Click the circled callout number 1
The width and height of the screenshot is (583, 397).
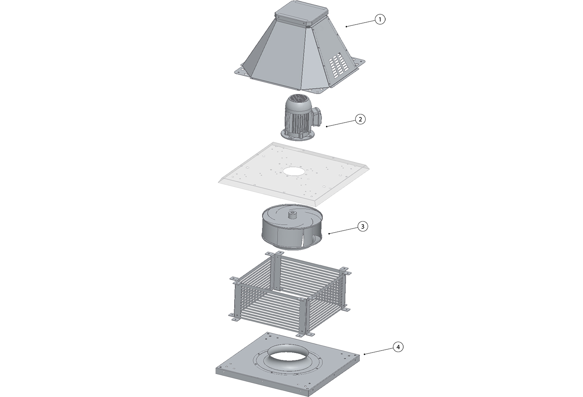point(380,19)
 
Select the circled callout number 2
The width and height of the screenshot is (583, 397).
point(360,119)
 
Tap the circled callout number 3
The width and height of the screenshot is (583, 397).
point(363,226)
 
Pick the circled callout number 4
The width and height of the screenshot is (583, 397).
point(398,347)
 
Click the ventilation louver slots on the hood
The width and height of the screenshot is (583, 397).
point(337,66)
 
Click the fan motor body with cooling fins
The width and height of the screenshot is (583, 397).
point(296,119)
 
